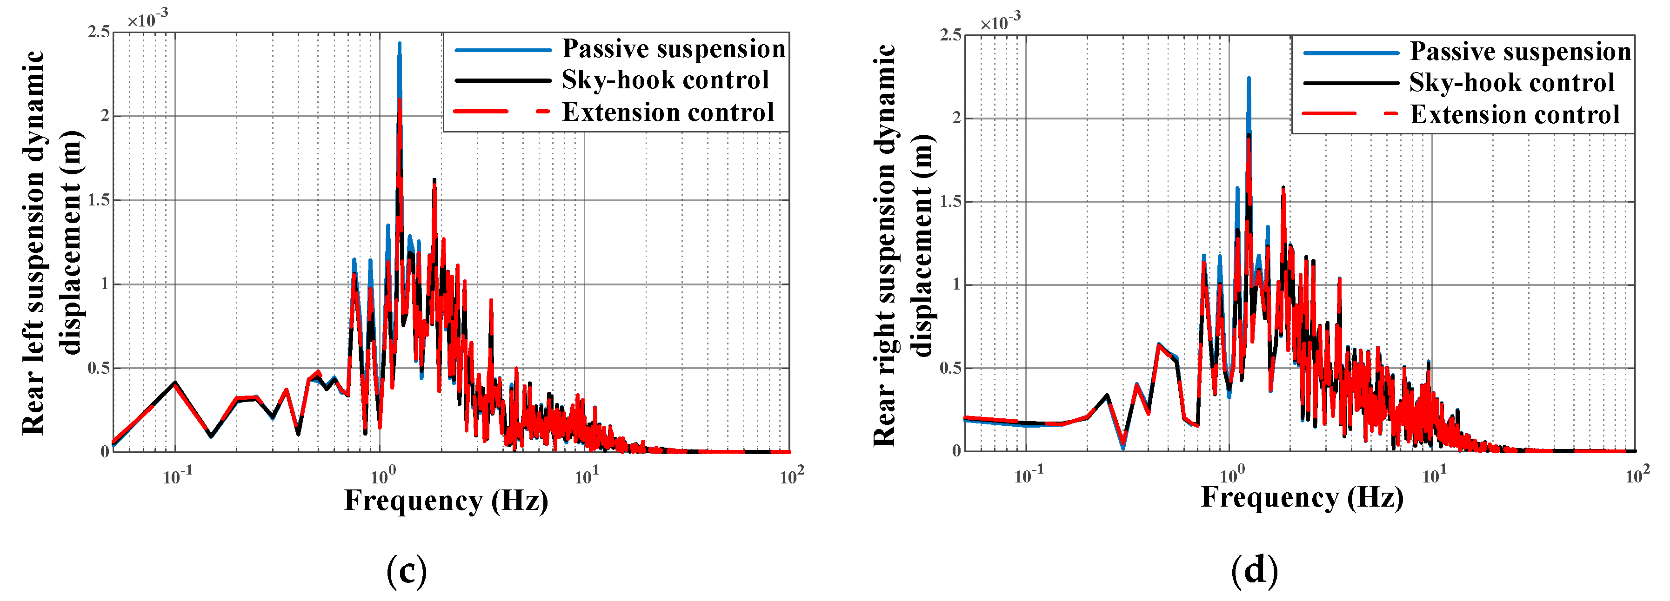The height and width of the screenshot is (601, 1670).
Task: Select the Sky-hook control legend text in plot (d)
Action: click(1511, 83)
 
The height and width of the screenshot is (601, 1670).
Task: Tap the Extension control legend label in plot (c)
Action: click(668, 112)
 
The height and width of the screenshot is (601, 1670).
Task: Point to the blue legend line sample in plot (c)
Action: click(502, 50)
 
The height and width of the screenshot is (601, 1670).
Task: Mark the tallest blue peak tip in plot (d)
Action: click(1249, 79)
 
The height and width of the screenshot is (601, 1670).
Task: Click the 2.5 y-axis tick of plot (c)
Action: click(99, 32)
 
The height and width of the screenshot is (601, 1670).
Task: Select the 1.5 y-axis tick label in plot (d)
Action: click(950, 201)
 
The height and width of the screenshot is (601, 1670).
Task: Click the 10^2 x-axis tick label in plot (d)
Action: click(1637, 476)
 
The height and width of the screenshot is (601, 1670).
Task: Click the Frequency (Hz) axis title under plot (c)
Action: click(446, 501)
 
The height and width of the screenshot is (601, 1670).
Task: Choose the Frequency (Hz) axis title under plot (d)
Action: click(1302, 498)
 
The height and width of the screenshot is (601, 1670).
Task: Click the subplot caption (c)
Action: click(407, 571)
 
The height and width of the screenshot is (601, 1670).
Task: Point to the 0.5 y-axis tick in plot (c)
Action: click(99, 368)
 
